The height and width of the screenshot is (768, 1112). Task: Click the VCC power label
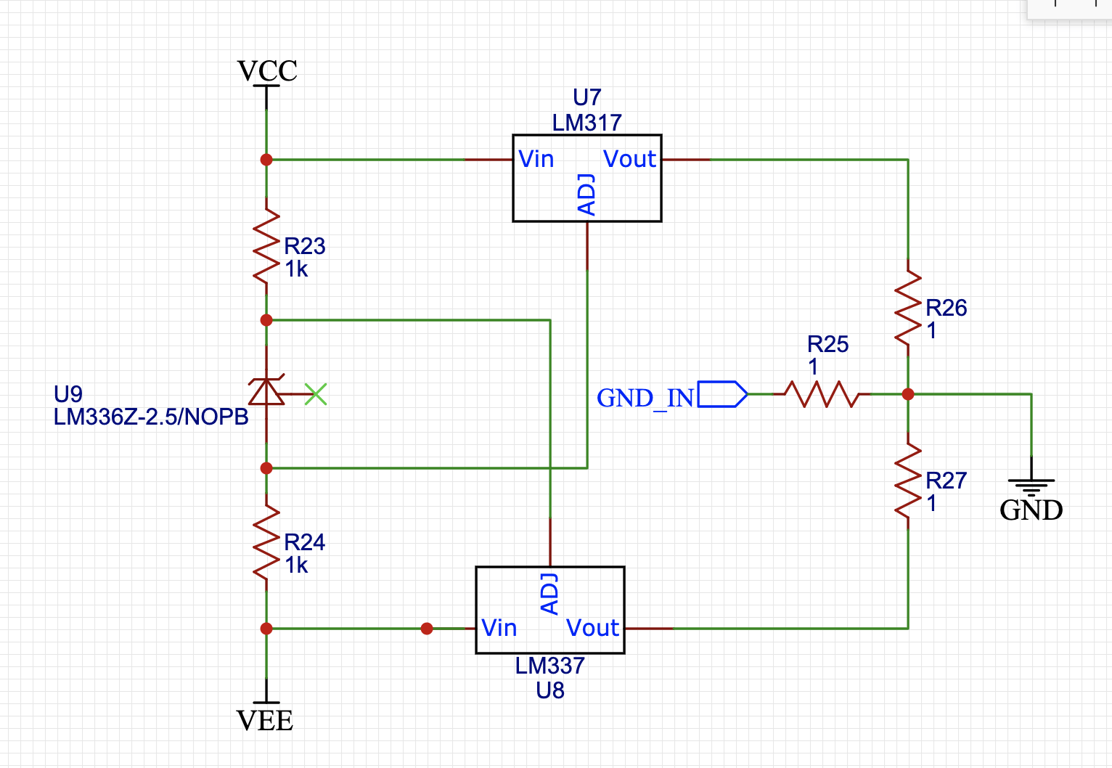267,71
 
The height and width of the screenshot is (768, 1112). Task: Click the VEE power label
265,720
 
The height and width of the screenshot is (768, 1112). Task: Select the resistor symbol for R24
266,542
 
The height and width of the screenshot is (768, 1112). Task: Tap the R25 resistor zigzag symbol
821,394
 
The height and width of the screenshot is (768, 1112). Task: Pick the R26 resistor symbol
907,308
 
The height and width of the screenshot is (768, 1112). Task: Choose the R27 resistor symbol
907,481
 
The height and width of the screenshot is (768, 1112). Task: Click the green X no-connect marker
316,394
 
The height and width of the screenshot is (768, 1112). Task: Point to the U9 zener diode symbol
266,392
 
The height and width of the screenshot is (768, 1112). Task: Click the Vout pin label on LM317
629,159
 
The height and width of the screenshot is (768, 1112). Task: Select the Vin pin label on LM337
499,628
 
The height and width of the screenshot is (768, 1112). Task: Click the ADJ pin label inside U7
586,195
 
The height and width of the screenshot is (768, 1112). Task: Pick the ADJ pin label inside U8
549,594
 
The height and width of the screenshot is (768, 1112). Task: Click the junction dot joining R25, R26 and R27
907,394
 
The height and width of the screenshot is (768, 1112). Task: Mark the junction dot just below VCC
266,159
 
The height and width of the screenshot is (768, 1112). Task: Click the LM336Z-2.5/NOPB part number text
151,417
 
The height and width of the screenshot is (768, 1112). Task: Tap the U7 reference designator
586,97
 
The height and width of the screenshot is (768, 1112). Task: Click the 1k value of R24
296,565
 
